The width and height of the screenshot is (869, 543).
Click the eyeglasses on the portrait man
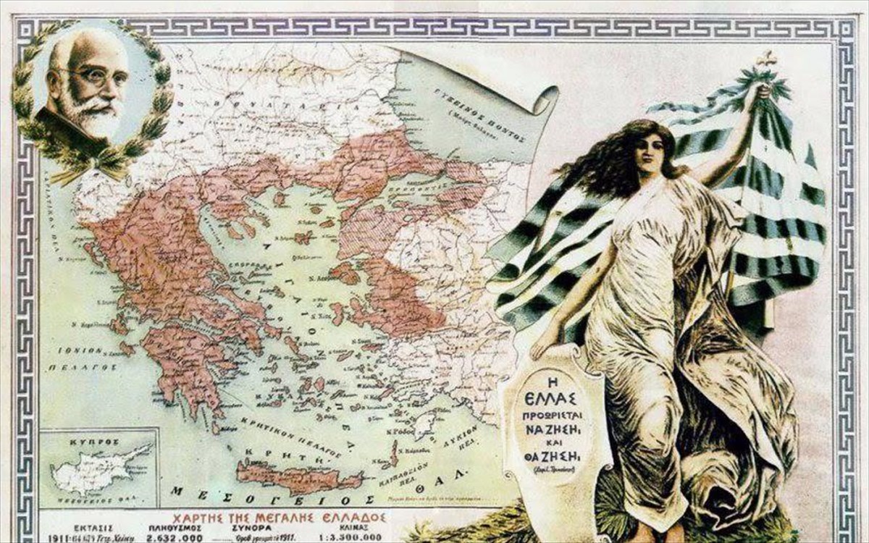point(92,76)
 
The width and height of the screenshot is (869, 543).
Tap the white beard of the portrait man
point(93,116)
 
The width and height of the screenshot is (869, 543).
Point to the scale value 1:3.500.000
point(345,538)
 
